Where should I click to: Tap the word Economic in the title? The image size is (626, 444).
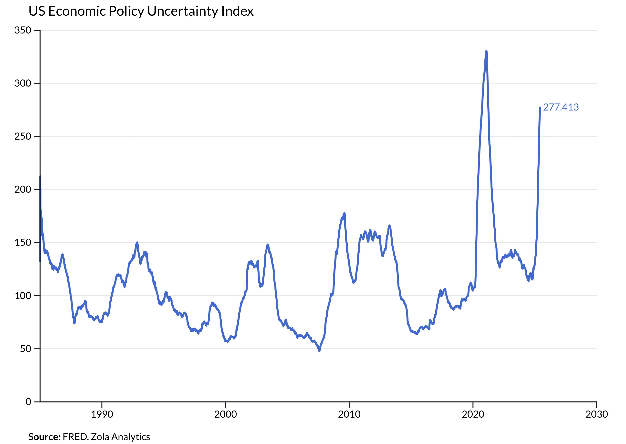tap(77, 11)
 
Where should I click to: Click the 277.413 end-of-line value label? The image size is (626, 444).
tap(561, 107)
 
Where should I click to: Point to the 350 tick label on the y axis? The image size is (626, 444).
tap(23, 30)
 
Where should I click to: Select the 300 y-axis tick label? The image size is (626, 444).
tap(23, 83)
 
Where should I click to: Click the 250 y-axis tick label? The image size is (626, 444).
tap(23, 136)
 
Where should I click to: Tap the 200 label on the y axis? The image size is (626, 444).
tap(23, 189)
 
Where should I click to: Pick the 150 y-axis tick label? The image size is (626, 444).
tap(23, 243)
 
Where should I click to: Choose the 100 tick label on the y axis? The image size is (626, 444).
tap(23, 296)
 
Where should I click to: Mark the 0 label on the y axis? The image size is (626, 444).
tap(28, 402)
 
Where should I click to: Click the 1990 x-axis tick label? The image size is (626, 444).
tap(102, 414)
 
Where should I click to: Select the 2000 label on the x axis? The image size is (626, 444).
tap(226, 414)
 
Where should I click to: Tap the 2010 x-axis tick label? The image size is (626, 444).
tap(349, 414)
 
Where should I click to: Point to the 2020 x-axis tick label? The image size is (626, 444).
tap(473, 414)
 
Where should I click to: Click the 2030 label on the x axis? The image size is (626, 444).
tap(596, 414)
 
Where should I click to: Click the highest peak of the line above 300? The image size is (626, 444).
tap(486, 51)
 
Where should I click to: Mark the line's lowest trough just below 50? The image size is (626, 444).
tap(319, 351)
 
